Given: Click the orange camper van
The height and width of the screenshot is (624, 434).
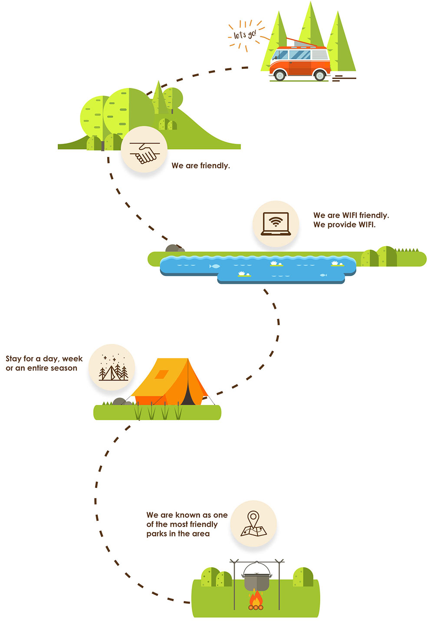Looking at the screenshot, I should click(299, 63).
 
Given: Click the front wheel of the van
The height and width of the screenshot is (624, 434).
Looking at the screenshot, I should click(279, 75).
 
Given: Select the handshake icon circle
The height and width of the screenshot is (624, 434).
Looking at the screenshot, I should click(144, 150).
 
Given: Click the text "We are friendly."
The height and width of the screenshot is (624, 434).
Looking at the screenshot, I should click(201, 166).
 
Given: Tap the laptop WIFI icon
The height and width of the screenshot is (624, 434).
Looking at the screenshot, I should click(276, 224).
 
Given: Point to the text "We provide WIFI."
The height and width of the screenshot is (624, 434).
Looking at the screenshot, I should click(344, 224).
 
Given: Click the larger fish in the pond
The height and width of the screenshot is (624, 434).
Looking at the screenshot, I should click(215, 266).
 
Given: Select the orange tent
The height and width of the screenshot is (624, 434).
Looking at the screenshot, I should click(169, 381).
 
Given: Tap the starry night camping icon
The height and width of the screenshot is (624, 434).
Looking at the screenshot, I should click(112, 367).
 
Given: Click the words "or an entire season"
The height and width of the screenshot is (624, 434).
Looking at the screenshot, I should click(41, 368).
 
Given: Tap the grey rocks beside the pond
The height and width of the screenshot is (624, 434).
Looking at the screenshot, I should click(174, 249).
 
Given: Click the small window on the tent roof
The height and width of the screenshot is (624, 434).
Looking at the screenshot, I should click(161, 374).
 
